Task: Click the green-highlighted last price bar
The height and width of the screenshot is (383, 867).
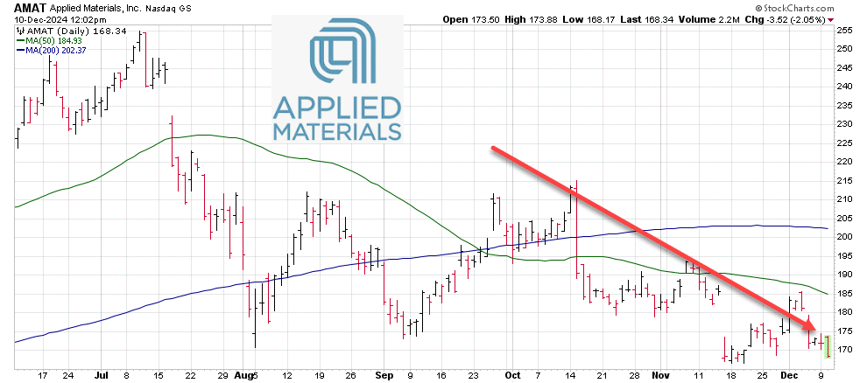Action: [x=828, y=346]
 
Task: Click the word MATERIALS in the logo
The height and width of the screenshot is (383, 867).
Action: [x=336, y=133]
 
